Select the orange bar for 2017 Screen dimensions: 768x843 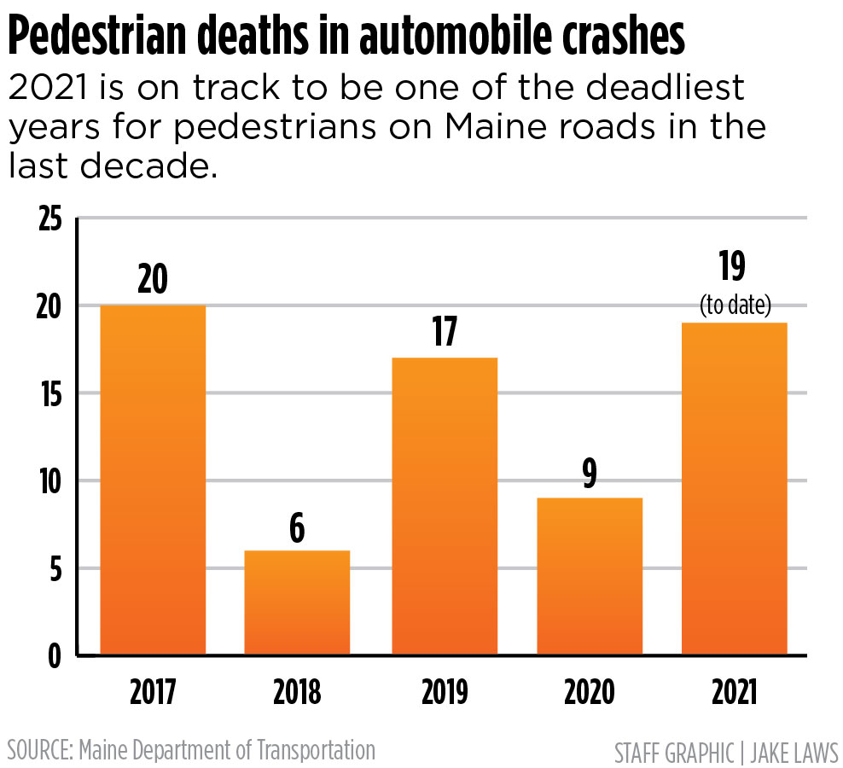[153, 480]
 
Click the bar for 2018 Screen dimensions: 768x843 [297, 602]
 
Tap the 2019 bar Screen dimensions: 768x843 [444, 506]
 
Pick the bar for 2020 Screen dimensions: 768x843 [589, 576]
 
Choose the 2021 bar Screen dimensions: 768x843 [734, 488]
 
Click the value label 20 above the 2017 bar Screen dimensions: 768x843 [153, 279]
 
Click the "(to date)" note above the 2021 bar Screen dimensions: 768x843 [735, 305]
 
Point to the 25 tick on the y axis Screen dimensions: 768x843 [50, 219]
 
